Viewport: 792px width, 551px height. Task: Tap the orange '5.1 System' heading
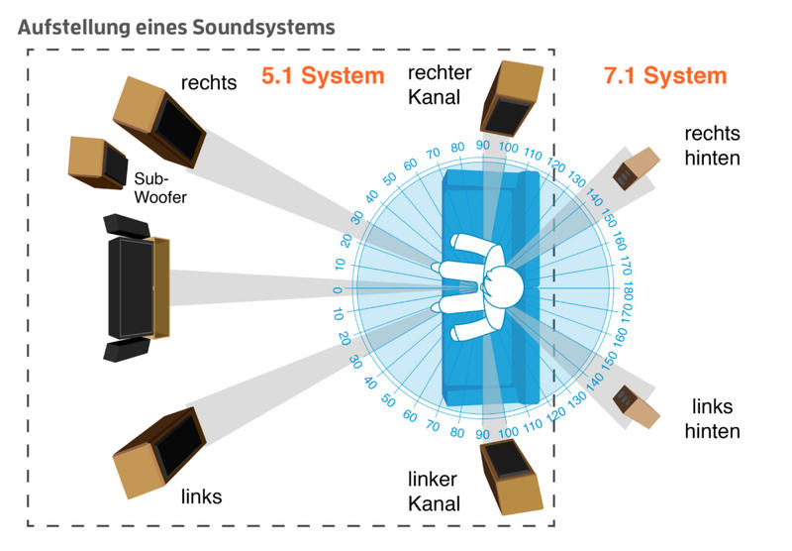[x=321, y=75]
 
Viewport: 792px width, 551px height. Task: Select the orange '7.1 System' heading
[x=664, y=75]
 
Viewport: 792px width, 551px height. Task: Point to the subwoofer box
[x=97, y=162]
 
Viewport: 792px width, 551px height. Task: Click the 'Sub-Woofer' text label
[x=159, y=188]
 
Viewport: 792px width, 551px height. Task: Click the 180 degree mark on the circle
[x=630, y=288]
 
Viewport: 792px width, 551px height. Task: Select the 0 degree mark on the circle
[x=338, y=289]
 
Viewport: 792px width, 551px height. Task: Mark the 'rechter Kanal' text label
[x=437, y=82]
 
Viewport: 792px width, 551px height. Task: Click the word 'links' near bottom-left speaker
[x=201, y=496]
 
